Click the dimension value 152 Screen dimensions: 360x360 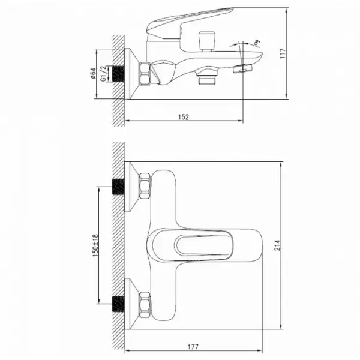184,117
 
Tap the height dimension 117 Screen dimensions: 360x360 283,53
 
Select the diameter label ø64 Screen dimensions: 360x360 93,73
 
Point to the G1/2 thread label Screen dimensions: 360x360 104,73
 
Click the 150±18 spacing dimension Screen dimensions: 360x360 95,245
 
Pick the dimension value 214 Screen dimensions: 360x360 277,245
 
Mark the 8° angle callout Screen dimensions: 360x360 257,42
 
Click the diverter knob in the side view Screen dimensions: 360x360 207,41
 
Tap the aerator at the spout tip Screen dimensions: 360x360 242,68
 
